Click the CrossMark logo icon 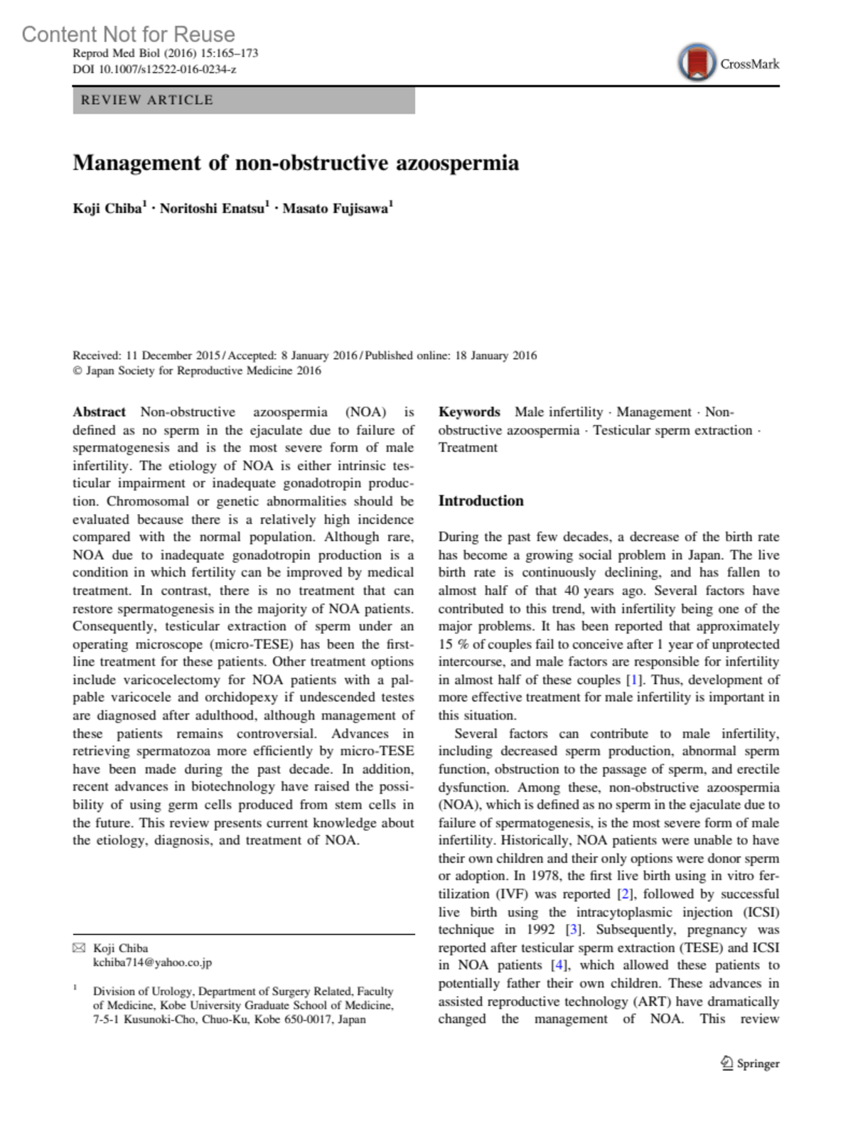click(x=697, y=63)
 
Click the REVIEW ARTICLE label click(x=146, y=100)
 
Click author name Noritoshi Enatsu click(x=213, y=208)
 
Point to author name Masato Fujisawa click(x=336, y=208)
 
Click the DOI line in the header click(x=154, y=70)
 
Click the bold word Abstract click(x=99, y=412)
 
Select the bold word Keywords click(x=469, y=412)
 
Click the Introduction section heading click(x=481, y=501)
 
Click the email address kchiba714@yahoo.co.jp click(x=152, y=963)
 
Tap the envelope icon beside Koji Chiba click(x=79, y=948)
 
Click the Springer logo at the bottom click(x=750, y=1064)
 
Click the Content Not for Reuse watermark click(x=128, y=34)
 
